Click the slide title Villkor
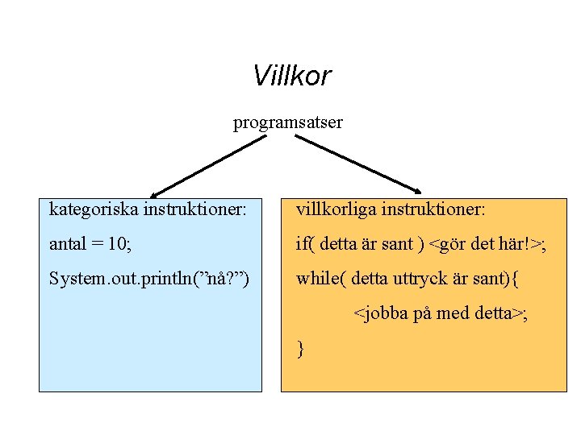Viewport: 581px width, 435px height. (x=291, y=76)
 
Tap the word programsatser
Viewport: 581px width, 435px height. (x=288, y=122)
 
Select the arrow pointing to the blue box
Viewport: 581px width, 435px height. (x=208, y=165)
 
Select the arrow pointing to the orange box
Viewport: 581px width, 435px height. (x=357, y=164)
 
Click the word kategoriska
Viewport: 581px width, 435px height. (x=94, y=210)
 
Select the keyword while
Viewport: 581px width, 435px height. (x=318, y=280)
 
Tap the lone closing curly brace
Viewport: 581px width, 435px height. (x=300, y=349)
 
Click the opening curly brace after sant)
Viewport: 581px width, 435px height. (x=516, y=280)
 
